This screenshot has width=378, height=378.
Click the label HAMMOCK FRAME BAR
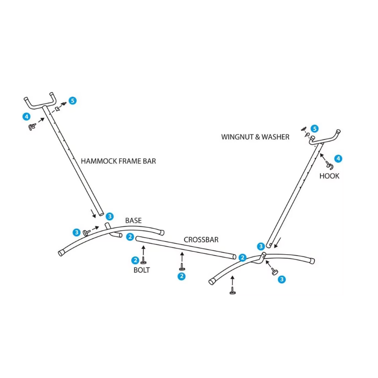coord(118,161)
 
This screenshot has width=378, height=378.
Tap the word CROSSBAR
coord(201,240)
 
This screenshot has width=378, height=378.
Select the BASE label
coord(133,221)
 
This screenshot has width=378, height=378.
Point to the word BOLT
coord(141,270)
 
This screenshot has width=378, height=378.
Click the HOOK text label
coord(329,176)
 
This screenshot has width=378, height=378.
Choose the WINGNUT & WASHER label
coord(255,137)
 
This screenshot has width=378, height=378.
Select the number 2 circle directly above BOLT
coord(135,260)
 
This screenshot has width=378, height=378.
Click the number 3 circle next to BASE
coord(110,216)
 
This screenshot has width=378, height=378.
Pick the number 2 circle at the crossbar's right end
coord(242,258)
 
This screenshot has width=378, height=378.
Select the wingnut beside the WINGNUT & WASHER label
coord(303,129)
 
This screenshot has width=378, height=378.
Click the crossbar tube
coord(184,248)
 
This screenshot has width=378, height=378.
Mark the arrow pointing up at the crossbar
coord(182,258)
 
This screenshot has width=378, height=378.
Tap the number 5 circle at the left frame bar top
coord(72,101)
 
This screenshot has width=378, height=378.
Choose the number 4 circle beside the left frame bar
coord(26,116)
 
